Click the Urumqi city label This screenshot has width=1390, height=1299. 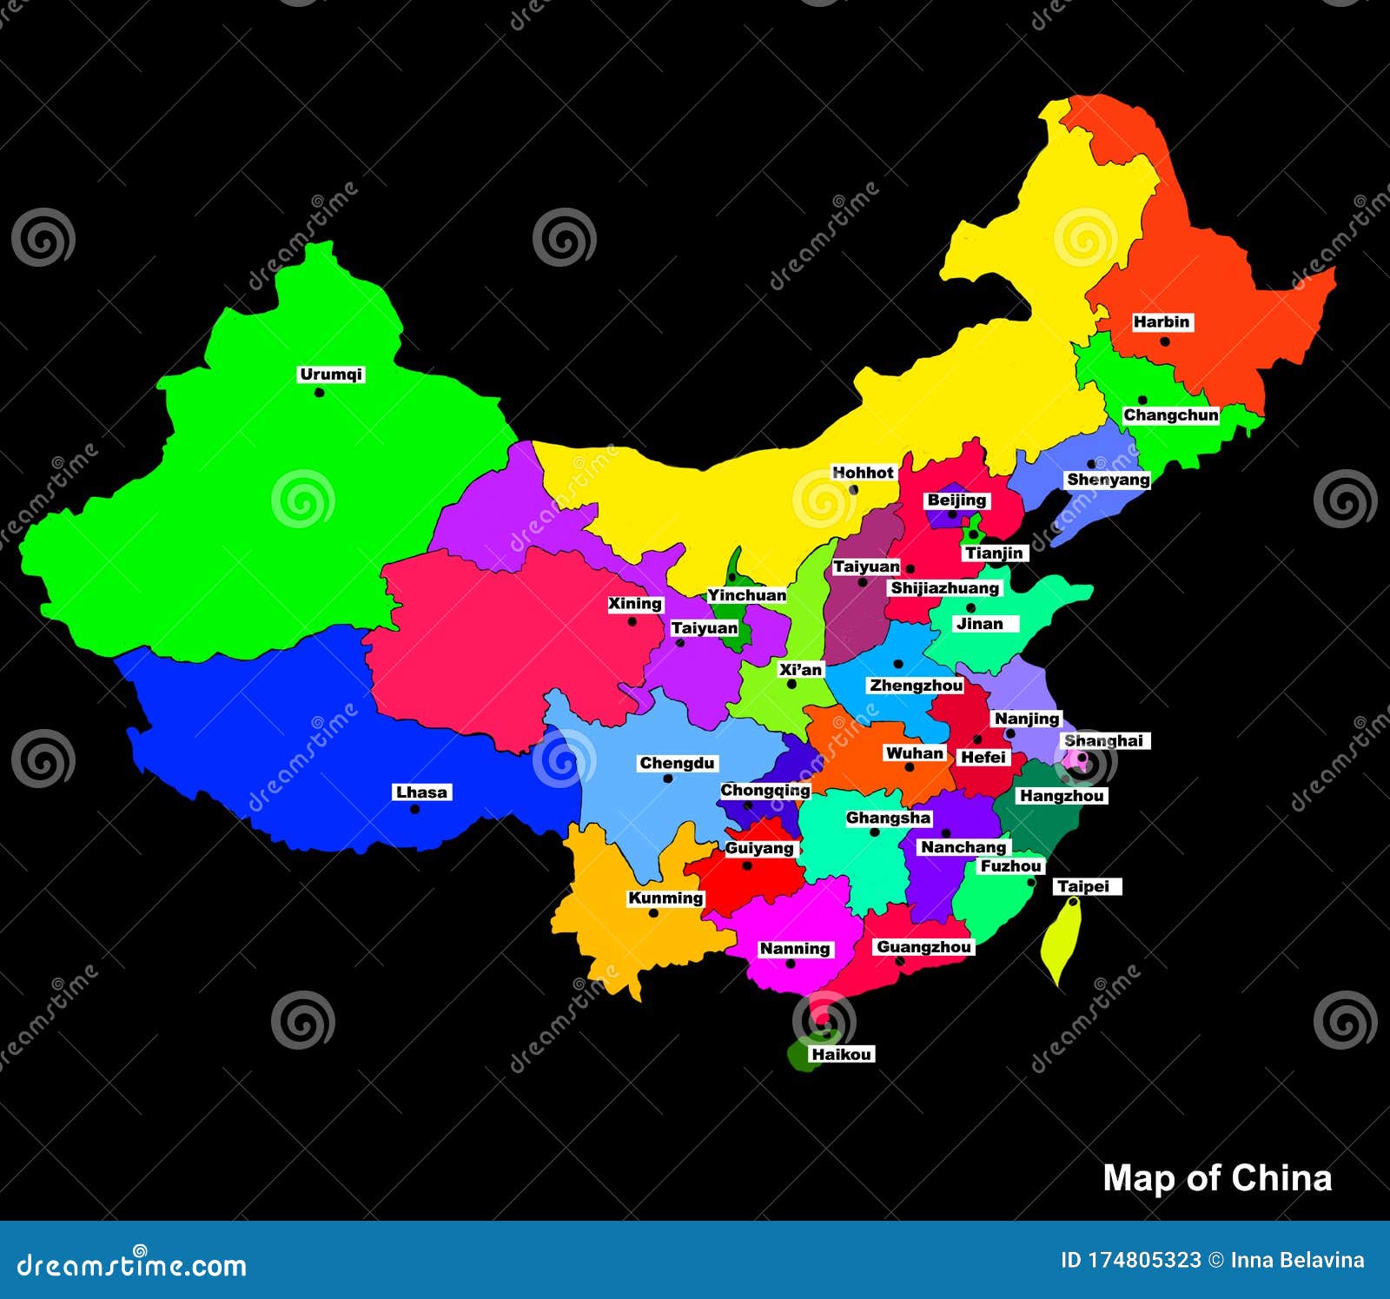click(x=330, y=374)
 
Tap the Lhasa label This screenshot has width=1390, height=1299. click(x=421, y=792)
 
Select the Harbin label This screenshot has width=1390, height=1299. click(x=1161, y=322)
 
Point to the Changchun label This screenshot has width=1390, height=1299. click(x=1170, y=415)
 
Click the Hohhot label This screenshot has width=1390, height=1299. click(x=863, y=473)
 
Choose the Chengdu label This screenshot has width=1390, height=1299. click(x=677, y=764)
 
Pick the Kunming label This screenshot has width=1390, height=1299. click(x=665, y=898)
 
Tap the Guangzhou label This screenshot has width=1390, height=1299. click(x=923, y=947)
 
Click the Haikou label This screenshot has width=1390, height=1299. click(x=841, y=1055)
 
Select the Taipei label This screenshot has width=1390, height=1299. click(x=1083, y=887)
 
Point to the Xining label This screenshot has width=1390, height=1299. click(x=634, y=604)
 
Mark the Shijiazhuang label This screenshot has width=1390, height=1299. click(x=944, y=588)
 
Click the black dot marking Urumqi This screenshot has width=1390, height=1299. click(x=319, y=393)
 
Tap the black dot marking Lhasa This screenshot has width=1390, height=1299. click(x=414, y=810)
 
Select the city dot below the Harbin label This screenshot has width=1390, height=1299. click(x=1164, y=341)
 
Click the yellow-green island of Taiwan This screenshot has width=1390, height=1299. click(x=1062, y=943)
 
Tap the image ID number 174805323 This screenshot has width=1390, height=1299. click(x=1144, y=1261)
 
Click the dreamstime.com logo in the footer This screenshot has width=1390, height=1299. click(x=131, y=1266)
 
